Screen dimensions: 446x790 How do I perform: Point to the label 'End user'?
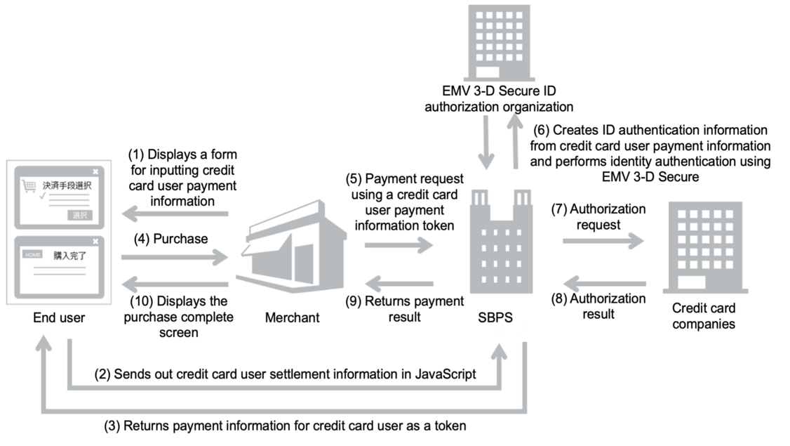pos(59,318)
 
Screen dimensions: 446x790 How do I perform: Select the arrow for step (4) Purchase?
pos(175,258)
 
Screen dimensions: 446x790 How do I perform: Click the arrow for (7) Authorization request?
pos(603,241)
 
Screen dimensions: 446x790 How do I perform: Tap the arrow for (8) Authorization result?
pos(603,284)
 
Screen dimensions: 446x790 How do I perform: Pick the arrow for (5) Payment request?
pos(398,244)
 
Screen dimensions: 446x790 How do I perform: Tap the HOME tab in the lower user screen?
pos(33,254)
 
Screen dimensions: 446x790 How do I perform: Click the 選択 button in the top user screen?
pos(81,215)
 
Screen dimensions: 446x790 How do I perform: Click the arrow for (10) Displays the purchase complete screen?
pos(175,284)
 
